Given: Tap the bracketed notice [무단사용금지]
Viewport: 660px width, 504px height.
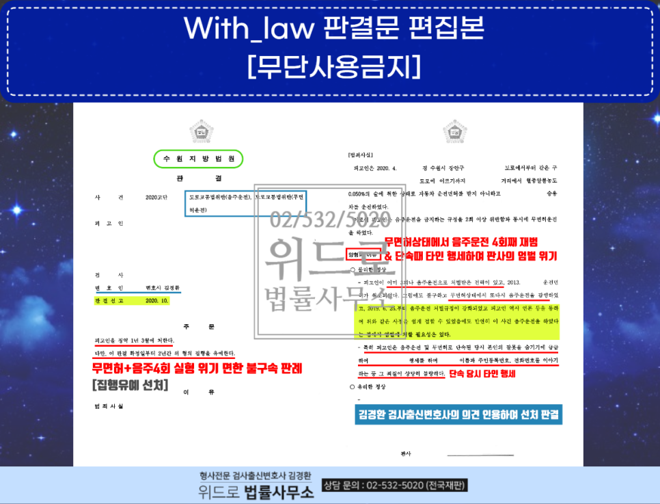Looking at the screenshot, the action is click(x=333, y=66).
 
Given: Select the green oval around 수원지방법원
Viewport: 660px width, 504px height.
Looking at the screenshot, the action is click(x=198, y=159).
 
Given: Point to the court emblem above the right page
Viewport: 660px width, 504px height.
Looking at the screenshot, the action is click(x=454, y=130).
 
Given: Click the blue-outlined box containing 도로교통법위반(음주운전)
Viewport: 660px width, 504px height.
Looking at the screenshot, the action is click(x=245, y=203).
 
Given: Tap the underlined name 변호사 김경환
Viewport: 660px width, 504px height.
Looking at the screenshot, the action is click(x=156, y=288).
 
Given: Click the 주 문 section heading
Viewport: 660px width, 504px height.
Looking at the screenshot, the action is click(x=199, y=327).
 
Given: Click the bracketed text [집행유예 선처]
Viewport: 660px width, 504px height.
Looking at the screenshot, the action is click(x=130, y=386).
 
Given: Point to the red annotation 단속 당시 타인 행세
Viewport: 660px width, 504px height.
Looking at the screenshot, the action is click(x=482, y=374).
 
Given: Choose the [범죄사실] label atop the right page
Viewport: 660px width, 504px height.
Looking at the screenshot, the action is click(x=360, y=155).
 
